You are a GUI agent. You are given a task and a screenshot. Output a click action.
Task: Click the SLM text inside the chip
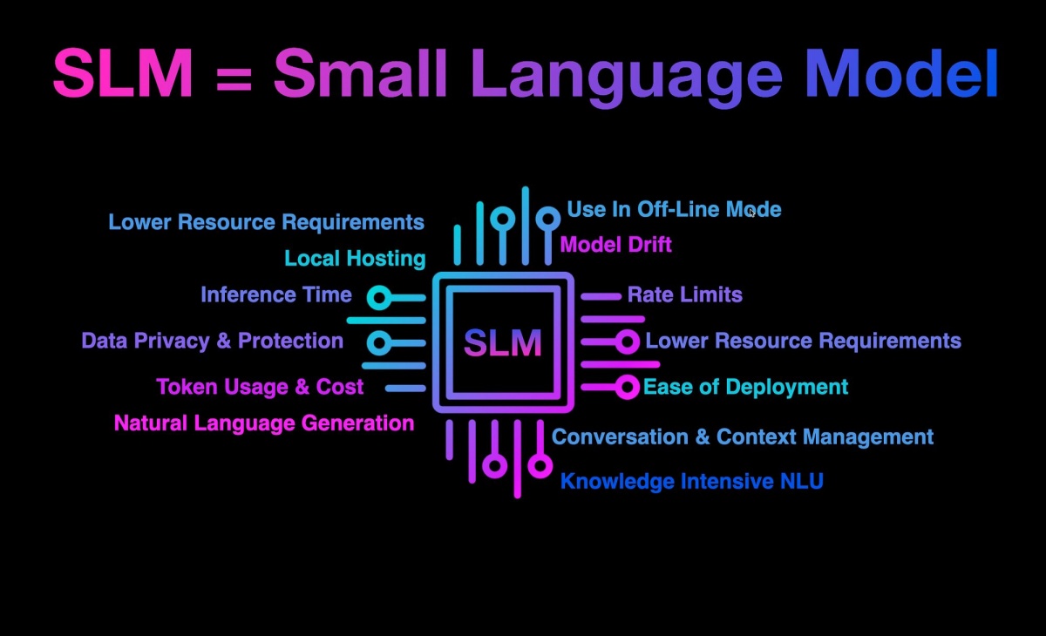[x=502, y=343]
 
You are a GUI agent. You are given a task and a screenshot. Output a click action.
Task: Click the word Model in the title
[x=901, y=73]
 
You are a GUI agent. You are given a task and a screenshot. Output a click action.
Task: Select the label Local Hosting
[x=355, y=259]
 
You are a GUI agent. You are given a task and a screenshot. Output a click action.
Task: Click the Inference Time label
[x=276, y=294]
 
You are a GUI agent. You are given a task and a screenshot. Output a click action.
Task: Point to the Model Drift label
[x=615, y=245]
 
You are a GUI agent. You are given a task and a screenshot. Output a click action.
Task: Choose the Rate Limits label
[x=684, y=294]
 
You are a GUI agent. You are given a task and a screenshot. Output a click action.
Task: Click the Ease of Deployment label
[x=745, y=388]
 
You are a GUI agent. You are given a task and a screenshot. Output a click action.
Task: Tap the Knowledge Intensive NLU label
[x=691, y=482]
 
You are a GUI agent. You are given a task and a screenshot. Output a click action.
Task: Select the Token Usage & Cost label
[x=260, y=387]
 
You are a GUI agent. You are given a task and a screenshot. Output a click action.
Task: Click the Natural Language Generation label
[x=264, y=423]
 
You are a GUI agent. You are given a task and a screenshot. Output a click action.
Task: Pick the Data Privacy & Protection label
[x=213, y=342]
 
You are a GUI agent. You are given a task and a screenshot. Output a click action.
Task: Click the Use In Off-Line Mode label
[x=674, y=209]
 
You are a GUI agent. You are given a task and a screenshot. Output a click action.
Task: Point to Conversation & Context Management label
[x=743, y=437]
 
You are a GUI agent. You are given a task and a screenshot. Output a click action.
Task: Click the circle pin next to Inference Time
[x=378, y=297]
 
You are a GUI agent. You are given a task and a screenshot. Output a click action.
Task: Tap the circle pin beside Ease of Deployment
[x=627, y=388]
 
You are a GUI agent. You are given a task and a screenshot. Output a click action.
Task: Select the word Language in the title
[x=627, y=77]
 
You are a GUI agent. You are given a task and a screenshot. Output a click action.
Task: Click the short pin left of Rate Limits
[x=601, y=296]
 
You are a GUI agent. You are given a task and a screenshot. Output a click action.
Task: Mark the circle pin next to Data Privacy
[x=378, y=343]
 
